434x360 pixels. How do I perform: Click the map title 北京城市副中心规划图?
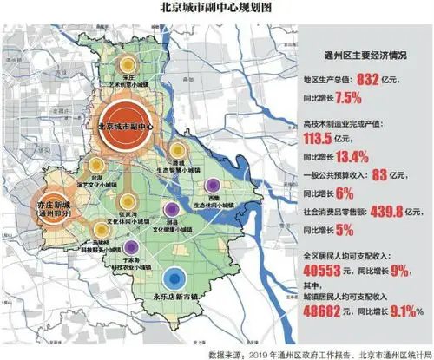point(216,8)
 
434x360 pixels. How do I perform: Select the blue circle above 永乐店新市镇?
point(175,278)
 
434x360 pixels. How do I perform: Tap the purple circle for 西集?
point(213,185)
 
